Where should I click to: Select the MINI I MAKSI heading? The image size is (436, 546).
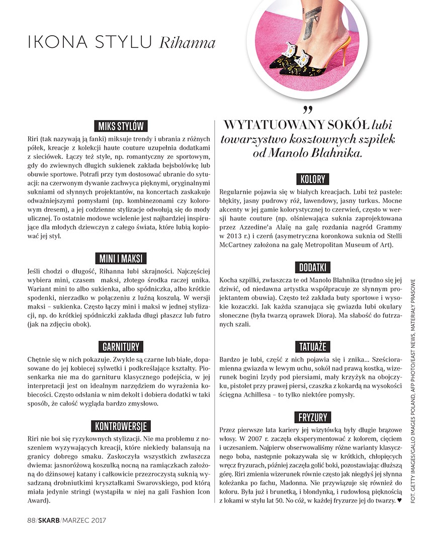[120, 258]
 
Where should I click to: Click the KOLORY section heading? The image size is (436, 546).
[312, 179]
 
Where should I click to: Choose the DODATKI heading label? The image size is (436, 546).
[312, 267]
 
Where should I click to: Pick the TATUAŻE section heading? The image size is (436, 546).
[312, 347]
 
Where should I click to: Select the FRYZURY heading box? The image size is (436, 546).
[312, 417]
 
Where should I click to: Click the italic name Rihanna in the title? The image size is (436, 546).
[187, 44]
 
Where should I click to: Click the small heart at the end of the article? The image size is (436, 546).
[399, 500]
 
